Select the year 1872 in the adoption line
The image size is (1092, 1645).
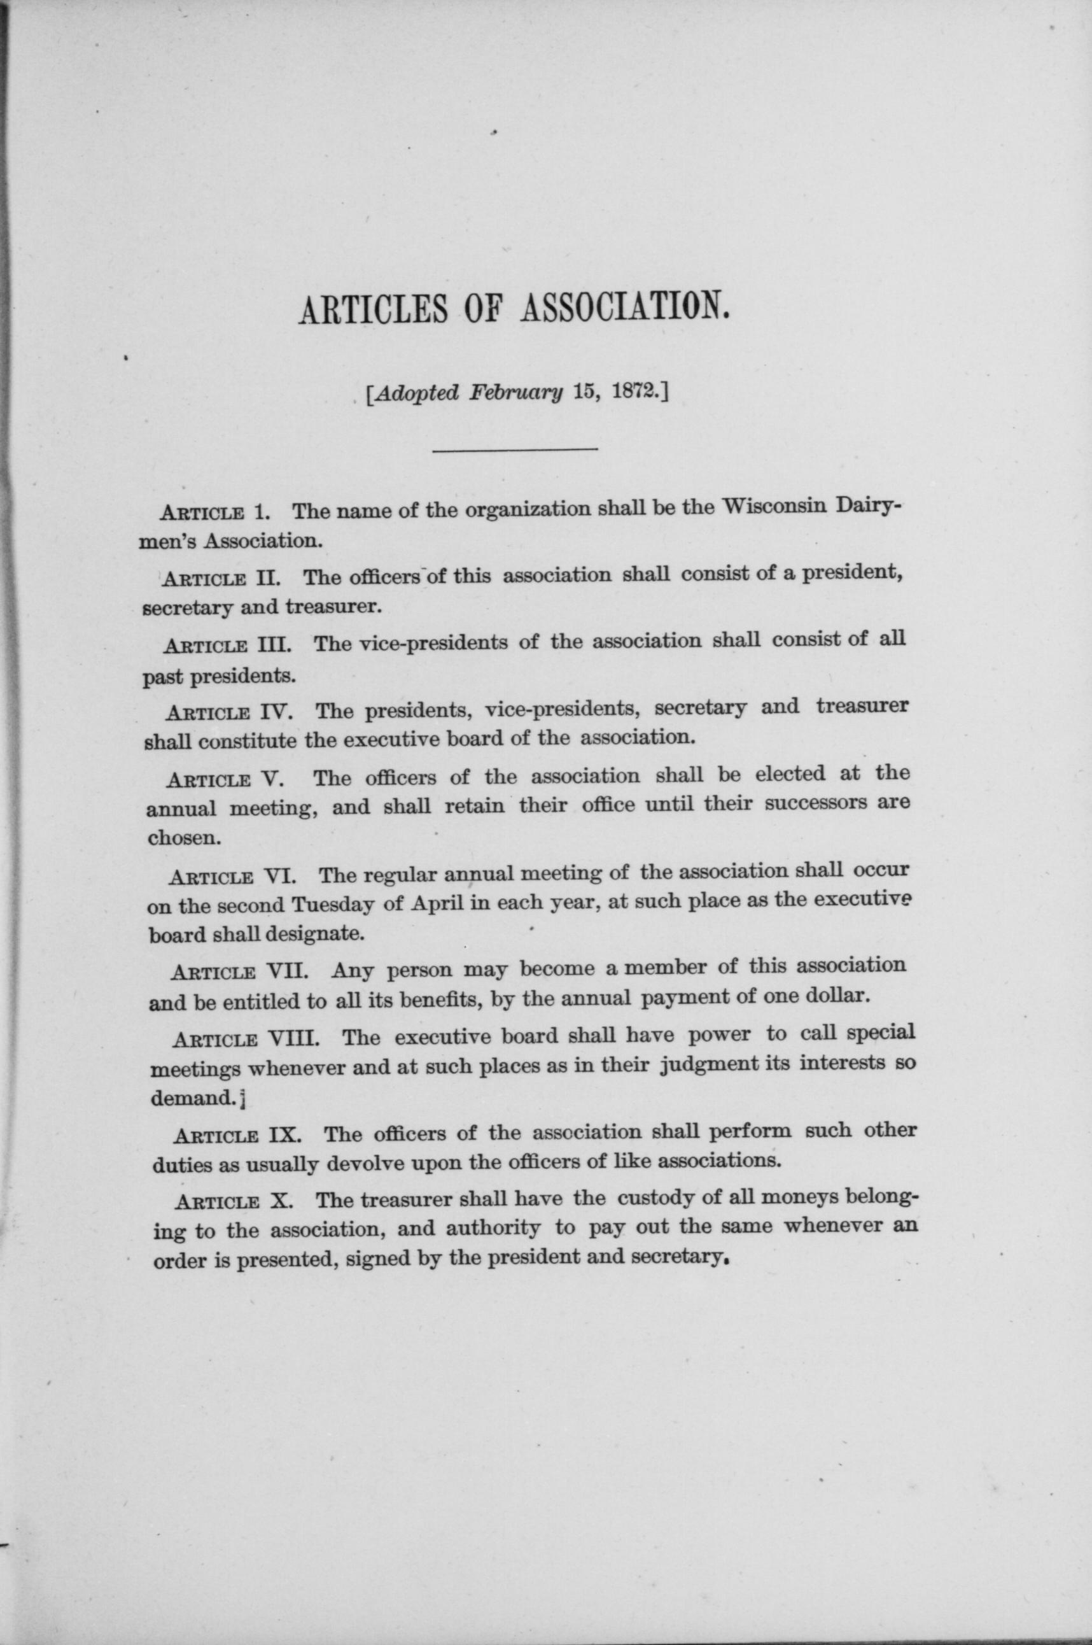point(636,393)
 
